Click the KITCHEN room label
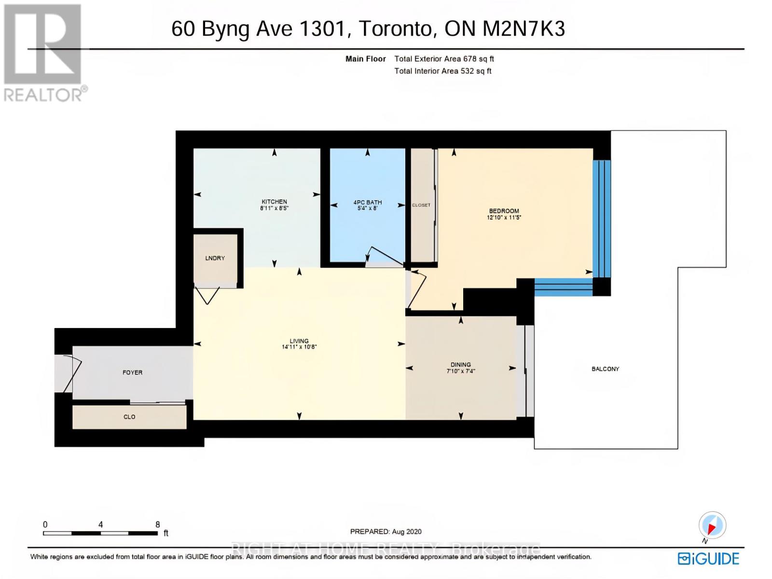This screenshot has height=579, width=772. pos(274,202)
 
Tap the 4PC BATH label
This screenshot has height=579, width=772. pos(367,203)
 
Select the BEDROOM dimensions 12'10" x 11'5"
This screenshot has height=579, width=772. pos(504,218)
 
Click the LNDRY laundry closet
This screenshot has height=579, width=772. pos(215,259)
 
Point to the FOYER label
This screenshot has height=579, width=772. pos(132,372)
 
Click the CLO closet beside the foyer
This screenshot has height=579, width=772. pos(129,417)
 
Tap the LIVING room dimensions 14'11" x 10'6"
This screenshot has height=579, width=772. pos(299,347)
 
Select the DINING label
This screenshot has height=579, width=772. pos(461,365)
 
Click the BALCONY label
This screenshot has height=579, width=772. pos(605,369)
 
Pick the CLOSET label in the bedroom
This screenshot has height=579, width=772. pos(421,205)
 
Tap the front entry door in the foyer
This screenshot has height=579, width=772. pos(70,374)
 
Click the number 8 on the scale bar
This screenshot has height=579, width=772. pos(158,524)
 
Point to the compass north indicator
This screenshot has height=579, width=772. pos(712,525)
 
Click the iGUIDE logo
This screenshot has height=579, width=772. pos(708,559)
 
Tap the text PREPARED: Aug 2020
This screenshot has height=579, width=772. pos(386,532)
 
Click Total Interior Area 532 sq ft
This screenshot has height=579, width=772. pos(442,71)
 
